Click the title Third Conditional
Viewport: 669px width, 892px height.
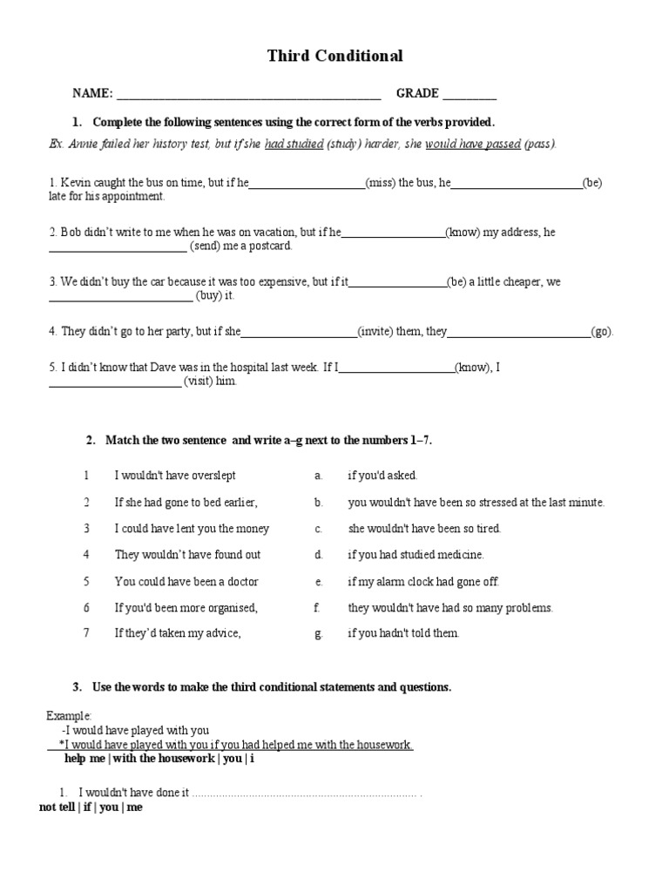point(334,57)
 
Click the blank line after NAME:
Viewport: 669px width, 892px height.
point(248,95)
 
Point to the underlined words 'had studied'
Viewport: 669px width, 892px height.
point(294,144)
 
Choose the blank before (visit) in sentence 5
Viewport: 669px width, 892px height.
point(114,383)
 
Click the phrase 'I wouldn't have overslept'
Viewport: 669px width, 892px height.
point(175,476)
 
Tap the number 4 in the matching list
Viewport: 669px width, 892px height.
point(86,555)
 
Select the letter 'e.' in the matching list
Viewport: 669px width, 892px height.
point(319,581)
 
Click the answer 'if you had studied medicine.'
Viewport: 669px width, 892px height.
point(416,555)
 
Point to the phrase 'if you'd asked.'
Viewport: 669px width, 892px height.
point(382,476)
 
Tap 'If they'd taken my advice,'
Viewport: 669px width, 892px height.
point(178,633)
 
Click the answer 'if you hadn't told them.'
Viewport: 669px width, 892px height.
point(403,633)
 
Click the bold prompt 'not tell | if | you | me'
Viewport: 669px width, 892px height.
point(91,808)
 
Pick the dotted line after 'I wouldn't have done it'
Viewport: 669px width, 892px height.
point(305,794)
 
